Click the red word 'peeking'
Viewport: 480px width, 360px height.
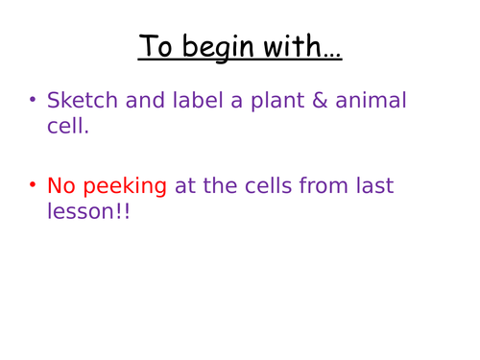click(x=126, y=186)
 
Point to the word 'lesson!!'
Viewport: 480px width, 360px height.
click(x=89, y=211)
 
